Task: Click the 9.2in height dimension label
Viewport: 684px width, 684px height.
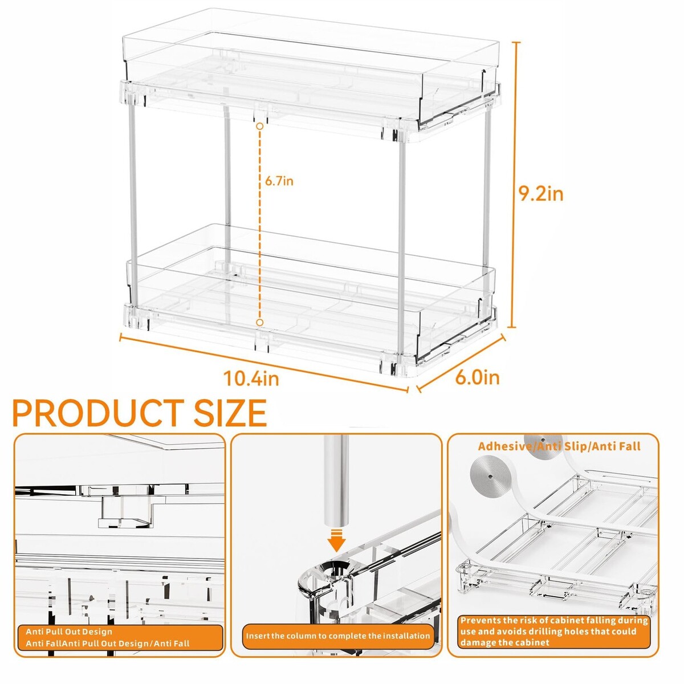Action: [540, 194]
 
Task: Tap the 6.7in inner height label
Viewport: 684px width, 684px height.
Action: [279, 181]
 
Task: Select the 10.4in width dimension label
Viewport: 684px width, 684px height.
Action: [251, 378]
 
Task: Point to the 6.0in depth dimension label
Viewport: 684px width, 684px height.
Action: [477, 377]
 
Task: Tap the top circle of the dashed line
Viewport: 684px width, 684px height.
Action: [260, 126]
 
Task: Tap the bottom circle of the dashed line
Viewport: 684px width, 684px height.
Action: [260, 322]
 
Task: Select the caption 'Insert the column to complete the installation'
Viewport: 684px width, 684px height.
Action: [337, 636]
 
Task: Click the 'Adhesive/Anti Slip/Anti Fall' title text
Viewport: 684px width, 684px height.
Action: [559, 446]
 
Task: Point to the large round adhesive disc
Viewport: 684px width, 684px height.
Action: [490, 476]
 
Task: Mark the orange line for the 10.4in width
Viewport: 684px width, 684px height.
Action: [264, 362]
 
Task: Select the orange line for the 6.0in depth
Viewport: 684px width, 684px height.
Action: [461, 363]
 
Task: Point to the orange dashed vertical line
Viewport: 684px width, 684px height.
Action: [260, 225]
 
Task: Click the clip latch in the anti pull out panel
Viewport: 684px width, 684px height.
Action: [127, 513]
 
